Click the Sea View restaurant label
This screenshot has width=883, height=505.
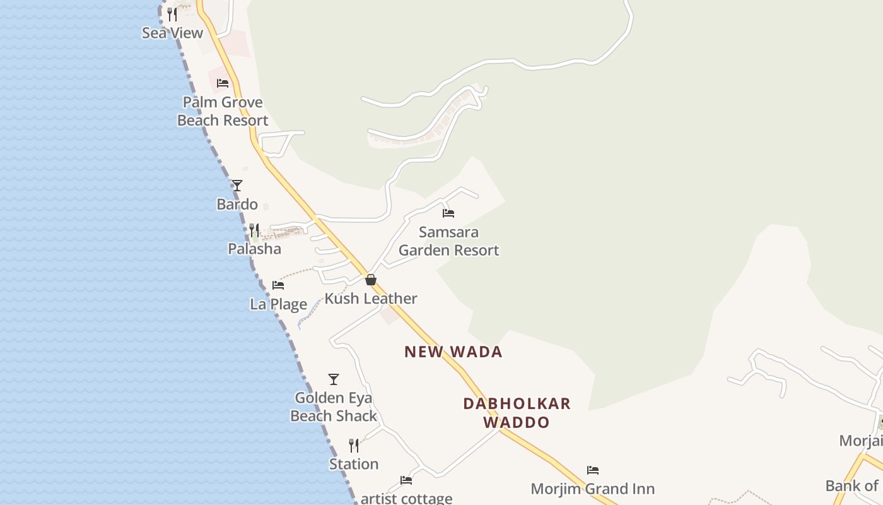coord(172,33)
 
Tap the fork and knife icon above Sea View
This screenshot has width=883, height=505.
coord(172,14)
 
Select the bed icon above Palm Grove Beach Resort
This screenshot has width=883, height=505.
coord(223,83)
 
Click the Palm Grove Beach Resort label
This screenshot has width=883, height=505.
coord(223,111)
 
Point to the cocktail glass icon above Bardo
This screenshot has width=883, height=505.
coord(237,186)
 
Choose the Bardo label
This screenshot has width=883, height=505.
coord(237,204)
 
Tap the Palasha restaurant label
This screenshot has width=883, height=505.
coord(254,249)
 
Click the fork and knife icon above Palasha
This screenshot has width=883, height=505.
coord(254,230)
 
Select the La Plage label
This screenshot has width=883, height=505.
coord(278,304)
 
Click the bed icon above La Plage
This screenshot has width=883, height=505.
coord(278,285)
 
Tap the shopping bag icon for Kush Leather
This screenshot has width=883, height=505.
coord(371,280)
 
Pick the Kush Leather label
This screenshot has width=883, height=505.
coord(371,299)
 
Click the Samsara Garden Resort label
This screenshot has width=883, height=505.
coord(448,241)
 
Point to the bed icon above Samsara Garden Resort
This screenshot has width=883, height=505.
coord(448,213)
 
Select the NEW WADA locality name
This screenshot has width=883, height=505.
coord(453,352)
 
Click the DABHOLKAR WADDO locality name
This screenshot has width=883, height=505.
coord(517,412)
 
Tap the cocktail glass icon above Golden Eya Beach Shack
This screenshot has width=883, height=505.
coord(334,379)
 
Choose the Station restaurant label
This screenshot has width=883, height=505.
coord(354,464)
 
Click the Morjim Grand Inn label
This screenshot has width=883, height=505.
coord(592,489)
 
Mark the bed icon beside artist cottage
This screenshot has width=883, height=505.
coord(406,480)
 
